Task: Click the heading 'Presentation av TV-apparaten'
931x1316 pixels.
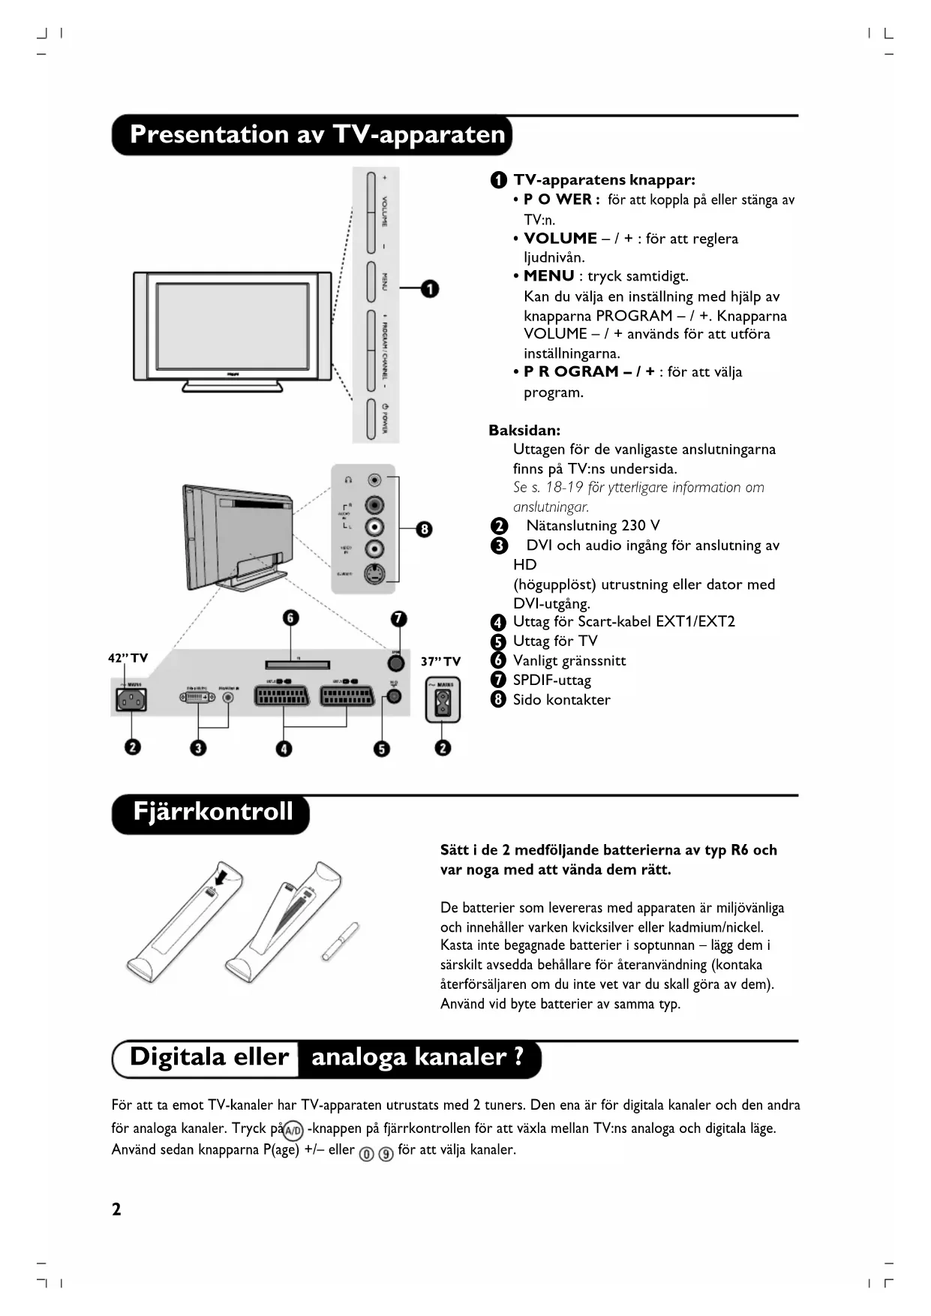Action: pos(317,135)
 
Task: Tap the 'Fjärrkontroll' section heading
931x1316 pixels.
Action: pos(212,813)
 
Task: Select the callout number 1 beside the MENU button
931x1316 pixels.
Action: pos(429,289)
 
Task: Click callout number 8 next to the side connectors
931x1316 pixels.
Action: pos(424,529)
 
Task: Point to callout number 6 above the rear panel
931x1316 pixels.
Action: pos(290,617)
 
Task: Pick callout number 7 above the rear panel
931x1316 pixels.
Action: pos(398,618)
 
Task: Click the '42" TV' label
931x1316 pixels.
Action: pos(128,658)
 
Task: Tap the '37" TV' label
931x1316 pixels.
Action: pos(440,661)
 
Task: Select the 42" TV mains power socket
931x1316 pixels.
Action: pos(131,700)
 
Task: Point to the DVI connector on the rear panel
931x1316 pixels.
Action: pos(197,697)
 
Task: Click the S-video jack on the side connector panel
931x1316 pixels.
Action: pos(375,575)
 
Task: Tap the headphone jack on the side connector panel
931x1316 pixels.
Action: pos(375,480)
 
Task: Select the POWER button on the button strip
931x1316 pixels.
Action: pos(371,419)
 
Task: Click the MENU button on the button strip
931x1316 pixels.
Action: pos(371,282)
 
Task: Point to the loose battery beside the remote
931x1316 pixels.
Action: pos(341,941)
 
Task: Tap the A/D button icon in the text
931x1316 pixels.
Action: pos(293,1130)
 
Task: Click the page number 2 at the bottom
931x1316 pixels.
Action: pos(116,1209)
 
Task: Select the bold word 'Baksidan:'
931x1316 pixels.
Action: pos(524,431)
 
